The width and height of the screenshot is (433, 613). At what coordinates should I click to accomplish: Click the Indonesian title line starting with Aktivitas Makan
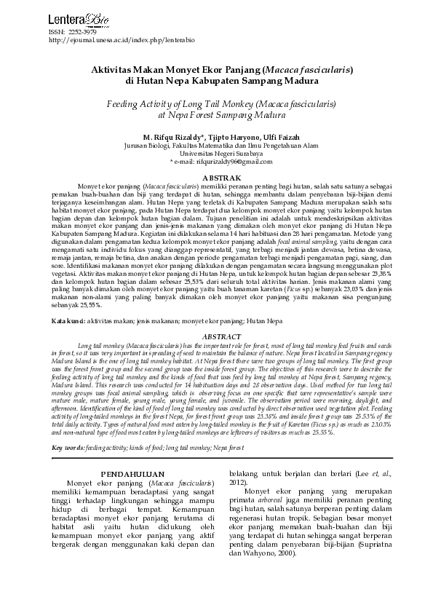click(x=216, y=69)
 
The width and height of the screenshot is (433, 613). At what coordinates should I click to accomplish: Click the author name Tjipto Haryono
click(x=234, y=136)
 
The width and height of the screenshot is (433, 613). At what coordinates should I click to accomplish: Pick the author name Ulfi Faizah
click(x=279, y=136)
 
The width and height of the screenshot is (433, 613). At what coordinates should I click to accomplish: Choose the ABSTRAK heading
click(x=216, y=178)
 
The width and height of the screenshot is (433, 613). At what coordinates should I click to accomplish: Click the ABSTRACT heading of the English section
click(x=216, y=337)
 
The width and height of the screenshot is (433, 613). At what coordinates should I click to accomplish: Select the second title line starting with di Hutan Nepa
click(x=216, y=82)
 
